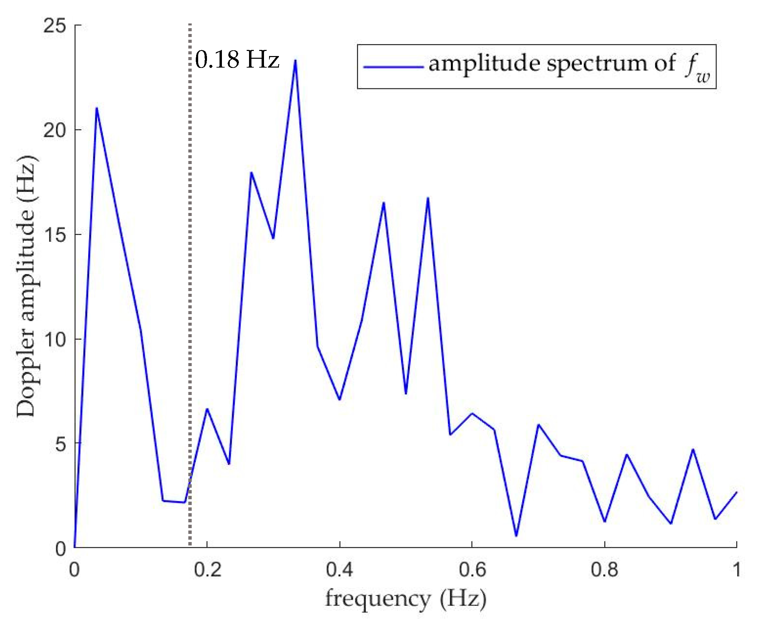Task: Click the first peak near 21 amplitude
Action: [96, 109]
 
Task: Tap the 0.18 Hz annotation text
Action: [237, 60]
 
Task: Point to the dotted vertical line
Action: [190, 289]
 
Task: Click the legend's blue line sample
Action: [393, 67]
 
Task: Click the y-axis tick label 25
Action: [55, 26]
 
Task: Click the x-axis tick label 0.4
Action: [339, 570]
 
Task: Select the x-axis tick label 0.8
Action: [604, 570]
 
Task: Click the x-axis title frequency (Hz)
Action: [405, 599]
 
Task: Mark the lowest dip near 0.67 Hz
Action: [516, 536]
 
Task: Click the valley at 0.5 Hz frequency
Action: [406, 393]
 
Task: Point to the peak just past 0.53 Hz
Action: [428, 198]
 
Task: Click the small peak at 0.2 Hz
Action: [207, 409]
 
